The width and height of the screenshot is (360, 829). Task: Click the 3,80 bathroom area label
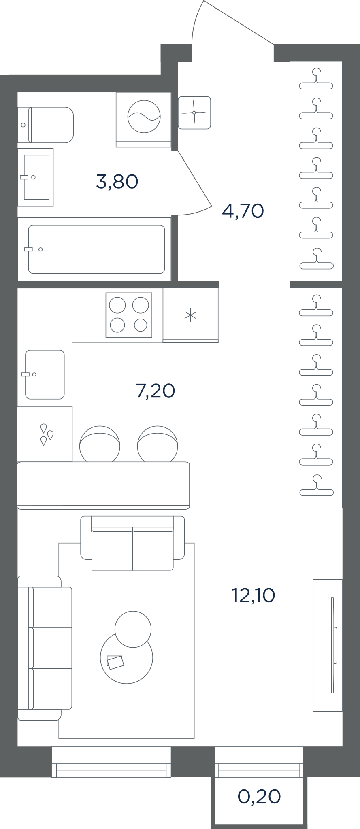(117, 182)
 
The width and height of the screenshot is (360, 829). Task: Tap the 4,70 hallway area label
(243, 211)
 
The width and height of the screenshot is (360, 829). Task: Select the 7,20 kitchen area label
(156, 391)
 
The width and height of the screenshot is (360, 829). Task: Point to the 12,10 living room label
(253, 595)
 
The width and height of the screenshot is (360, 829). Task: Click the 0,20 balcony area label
(259, 797)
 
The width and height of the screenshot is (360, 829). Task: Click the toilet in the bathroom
(45, 125)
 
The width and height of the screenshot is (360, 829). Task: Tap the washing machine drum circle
(144, 116)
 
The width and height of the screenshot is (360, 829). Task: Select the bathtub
(96, 249)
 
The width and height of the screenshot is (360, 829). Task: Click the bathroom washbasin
(36, 177)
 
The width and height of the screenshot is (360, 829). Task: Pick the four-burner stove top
(129, 315)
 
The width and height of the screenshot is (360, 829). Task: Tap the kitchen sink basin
(45, 374)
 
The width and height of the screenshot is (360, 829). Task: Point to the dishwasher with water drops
(45, 434)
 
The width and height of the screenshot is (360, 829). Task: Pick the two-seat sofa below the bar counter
(133, 543)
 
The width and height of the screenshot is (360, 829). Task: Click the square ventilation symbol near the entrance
(194, 113)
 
